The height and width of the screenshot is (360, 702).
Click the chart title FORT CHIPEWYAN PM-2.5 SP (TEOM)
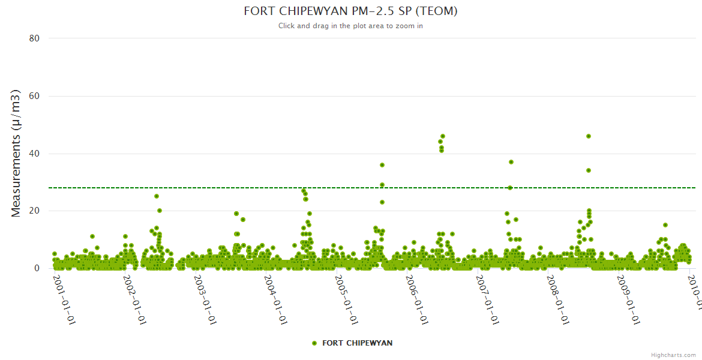[350, 11]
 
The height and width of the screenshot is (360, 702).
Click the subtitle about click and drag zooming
[350, 26]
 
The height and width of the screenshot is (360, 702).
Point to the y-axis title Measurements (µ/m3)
[16, 153]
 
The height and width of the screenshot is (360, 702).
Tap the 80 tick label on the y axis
[34, 38]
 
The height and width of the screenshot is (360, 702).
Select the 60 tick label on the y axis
[34, 96]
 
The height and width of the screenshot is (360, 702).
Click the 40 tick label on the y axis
[34, 154]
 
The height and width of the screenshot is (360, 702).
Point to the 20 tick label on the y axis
[34, 211]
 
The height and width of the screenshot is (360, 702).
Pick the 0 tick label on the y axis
[37, 268]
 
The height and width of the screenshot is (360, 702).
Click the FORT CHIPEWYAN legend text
[358, 343]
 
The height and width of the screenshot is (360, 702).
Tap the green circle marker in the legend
[314, 343]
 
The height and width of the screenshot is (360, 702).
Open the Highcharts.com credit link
[673, 355]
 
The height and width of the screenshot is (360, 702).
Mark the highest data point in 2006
[443, 136]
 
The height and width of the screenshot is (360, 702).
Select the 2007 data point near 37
[511, 162]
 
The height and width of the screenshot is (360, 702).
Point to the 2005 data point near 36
[382, 165]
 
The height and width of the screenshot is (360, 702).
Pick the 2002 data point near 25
[157, 196]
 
